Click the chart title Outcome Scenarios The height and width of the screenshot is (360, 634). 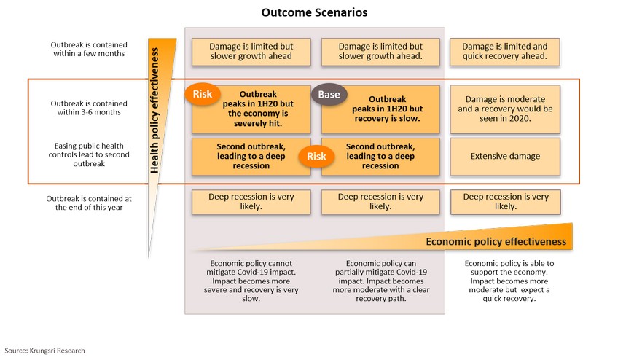click(314, 12)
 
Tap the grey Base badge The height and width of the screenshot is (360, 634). click(329, 95)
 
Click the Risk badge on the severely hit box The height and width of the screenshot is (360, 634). click(203, 94)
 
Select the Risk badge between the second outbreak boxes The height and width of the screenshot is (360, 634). click(316, 157)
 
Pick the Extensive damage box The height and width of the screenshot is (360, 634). click(505, 157)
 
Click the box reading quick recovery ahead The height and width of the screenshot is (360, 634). click(504, 52)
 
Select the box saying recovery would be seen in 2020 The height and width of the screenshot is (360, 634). click(505, 109)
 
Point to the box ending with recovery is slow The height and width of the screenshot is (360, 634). click(380, 109)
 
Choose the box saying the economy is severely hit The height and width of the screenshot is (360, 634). click(251, 109)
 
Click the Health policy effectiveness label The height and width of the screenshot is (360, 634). click(154, 111)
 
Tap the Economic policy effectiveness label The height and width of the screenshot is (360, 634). click(496, 241)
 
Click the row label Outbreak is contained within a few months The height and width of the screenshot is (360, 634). click(89, 49)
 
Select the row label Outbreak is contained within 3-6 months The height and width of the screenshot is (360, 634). click(89, 108)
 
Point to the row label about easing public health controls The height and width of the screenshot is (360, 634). click(89, 154)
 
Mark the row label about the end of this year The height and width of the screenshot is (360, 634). click(89, 203)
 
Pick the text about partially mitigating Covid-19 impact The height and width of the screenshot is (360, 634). click(381, 281)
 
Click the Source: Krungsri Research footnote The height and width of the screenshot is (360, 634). click(45, 351)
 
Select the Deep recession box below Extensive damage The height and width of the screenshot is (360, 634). click(506, 201)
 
